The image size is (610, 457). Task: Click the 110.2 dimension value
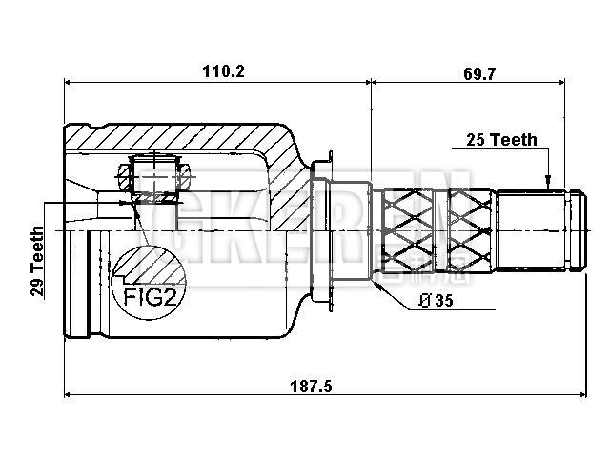click(216, 70)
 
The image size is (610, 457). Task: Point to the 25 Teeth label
click(501, 140)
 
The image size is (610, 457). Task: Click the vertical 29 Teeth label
click(37, 262)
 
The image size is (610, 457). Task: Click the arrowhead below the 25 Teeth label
click(549, 182)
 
